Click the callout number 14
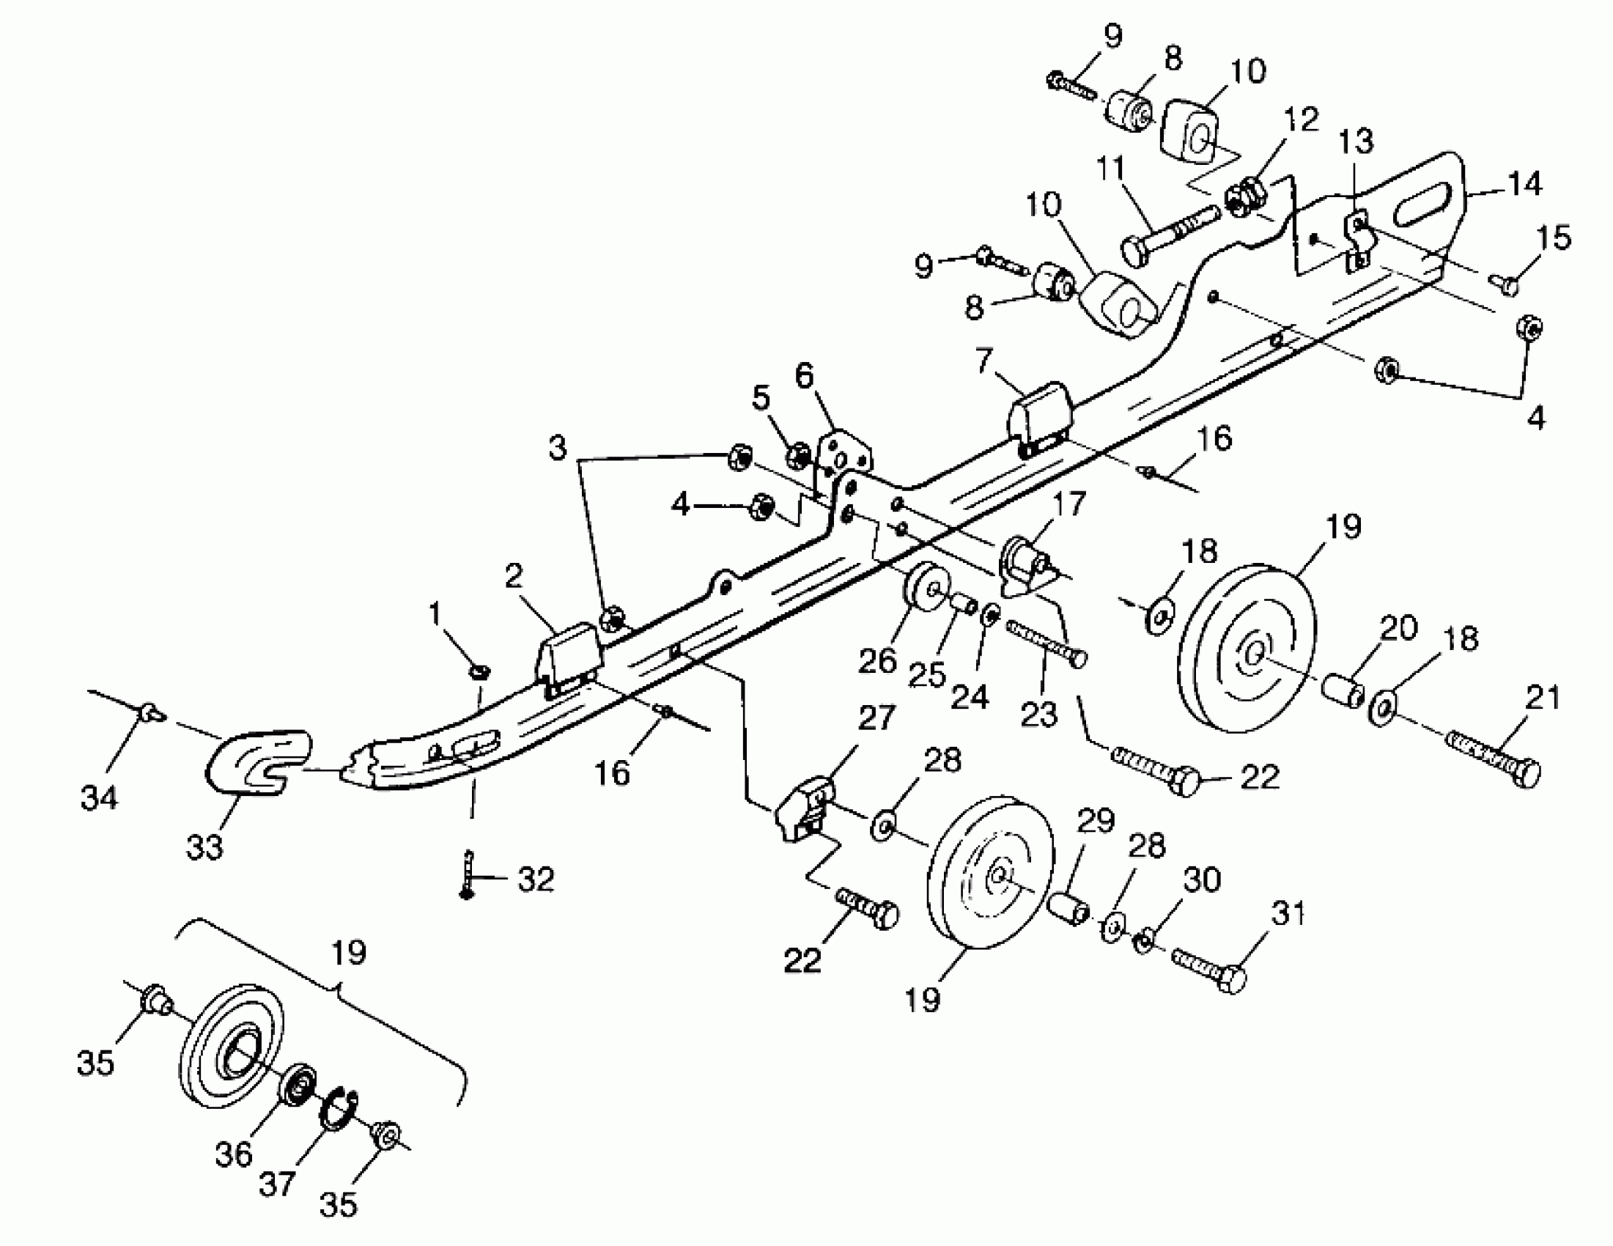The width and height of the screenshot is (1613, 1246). click(x=1525, y=184)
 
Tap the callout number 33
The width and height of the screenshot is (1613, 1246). click(x=204, y=847)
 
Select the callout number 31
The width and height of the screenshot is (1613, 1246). click(x=1289, y=915)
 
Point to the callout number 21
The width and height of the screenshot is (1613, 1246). click(x=1543, y=698)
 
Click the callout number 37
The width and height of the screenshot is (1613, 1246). click(x=278, y=1184)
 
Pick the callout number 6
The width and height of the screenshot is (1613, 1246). click(x=804, y=377)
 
